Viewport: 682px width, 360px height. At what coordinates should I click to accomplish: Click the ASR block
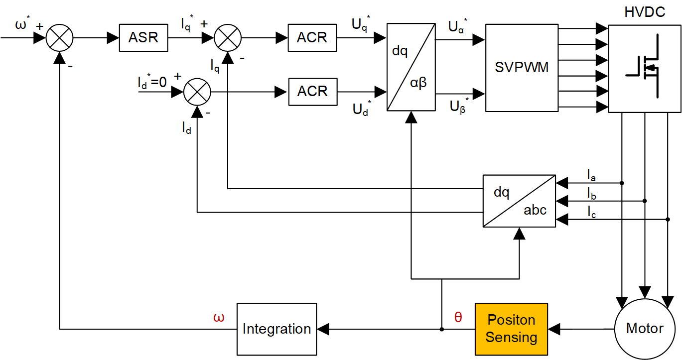coord(143,37)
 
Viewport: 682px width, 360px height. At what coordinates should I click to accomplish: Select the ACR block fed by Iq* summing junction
coord(312,37)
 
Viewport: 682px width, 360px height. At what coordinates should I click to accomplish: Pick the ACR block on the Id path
coord(312,92)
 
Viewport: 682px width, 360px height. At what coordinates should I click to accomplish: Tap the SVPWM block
coord(522,67)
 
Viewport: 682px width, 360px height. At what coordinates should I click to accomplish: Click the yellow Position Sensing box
coord(511,329)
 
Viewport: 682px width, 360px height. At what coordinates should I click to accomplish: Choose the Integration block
coord(276,329)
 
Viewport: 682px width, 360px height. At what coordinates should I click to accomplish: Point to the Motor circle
coord(645,329)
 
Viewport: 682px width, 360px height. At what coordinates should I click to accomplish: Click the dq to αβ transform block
coord(411,67)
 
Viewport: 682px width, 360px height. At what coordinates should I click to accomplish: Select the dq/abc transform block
coord(519,201)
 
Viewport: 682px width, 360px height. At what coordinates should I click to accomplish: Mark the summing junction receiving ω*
coord(60,37)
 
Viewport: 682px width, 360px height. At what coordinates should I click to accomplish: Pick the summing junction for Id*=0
coord(197,92)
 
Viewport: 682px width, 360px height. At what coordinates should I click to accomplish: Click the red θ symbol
coord(458,318)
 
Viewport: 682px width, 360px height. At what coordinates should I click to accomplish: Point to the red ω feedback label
coord(218,318)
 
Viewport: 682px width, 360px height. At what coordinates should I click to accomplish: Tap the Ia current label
coord(591,175)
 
